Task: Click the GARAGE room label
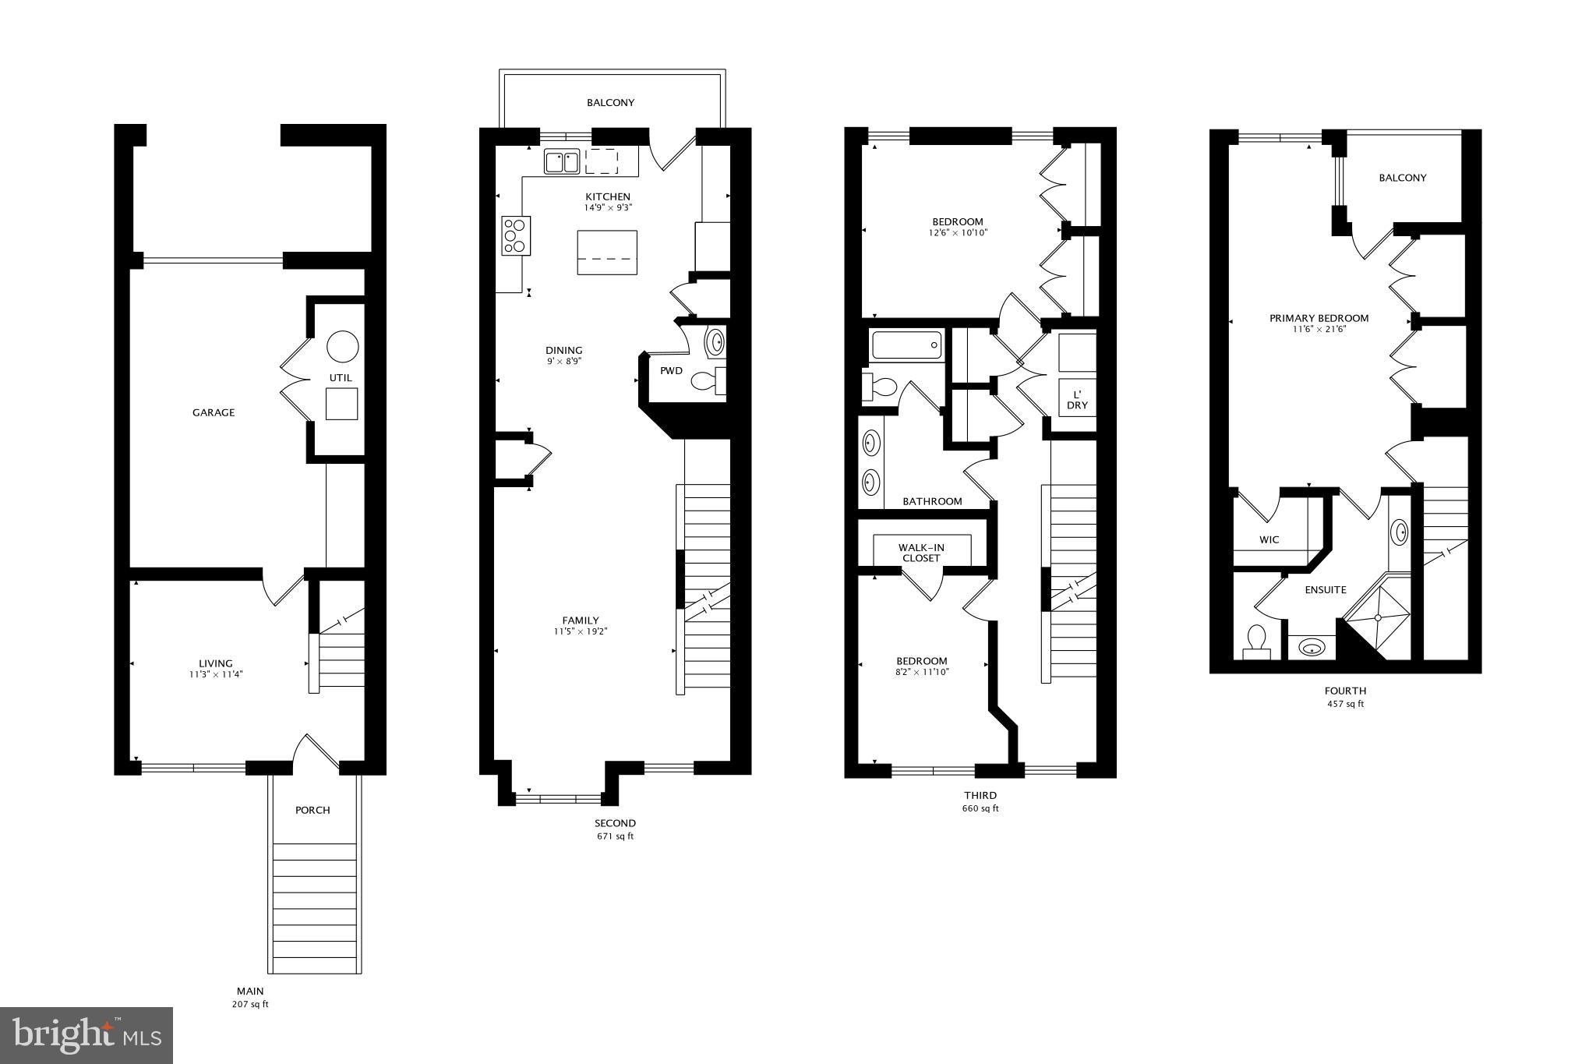214,412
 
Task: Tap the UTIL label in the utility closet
341,377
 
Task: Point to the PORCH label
312,810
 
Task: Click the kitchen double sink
561,162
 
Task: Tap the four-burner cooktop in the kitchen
515,235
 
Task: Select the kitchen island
606,252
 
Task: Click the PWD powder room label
671,370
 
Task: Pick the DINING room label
563,350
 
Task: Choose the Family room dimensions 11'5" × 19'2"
581,631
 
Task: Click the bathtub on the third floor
906,345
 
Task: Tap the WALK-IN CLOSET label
921,553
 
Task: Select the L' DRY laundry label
1077,399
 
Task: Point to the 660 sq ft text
980,808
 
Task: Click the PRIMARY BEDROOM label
1319,318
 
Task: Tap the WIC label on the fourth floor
1269,539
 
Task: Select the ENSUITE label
1326,590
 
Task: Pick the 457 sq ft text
1345,704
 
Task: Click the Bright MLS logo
87,1034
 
